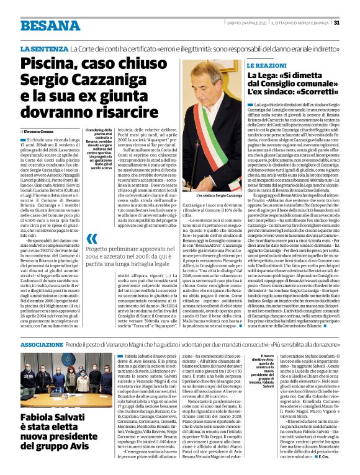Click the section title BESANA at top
[46, 25]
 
